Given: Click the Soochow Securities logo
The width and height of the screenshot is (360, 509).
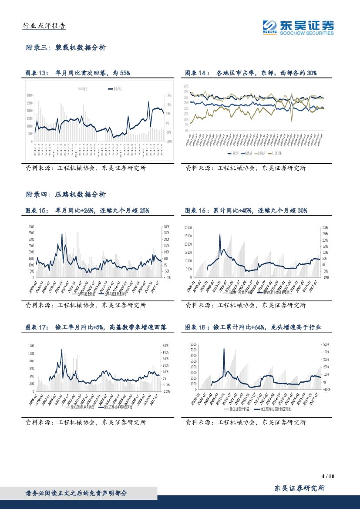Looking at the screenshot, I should (x=298, y=27).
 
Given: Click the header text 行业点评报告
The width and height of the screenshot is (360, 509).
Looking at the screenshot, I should (x=44, y=26).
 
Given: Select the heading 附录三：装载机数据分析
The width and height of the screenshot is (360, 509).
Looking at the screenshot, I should (x=66, y=47).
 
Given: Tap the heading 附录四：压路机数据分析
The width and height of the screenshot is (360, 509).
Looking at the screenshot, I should (x=66, y=194).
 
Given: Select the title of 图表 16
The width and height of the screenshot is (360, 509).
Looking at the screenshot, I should (x=246, y=210).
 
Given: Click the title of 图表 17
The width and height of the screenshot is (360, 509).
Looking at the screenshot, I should (x=96, y=327).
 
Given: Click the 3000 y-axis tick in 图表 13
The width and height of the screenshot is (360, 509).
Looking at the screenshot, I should (x=29, y=95).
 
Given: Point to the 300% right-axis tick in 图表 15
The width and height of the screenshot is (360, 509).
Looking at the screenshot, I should (x=167, y=227).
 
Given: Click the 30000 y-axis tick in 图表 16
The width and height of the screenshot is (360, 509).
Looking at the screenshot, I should (x=188, y=227).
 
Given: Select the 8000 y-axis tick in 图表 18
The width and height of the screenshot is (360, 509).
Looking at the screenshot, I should (x=194, y=344).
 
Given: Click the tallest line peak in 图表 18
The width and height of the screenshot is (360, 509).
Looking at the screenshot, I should (x=224, y=348).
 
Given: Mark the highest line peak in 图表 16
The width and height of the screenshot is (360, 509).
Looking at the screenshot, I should (x=220, y=235).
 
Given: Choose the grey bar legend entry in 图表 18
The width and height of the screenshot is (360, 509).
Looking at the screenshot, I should (x=237, y=409).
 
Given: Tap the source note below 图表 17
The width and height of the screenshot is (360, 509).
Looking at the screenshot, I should (x=86, y=422).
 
